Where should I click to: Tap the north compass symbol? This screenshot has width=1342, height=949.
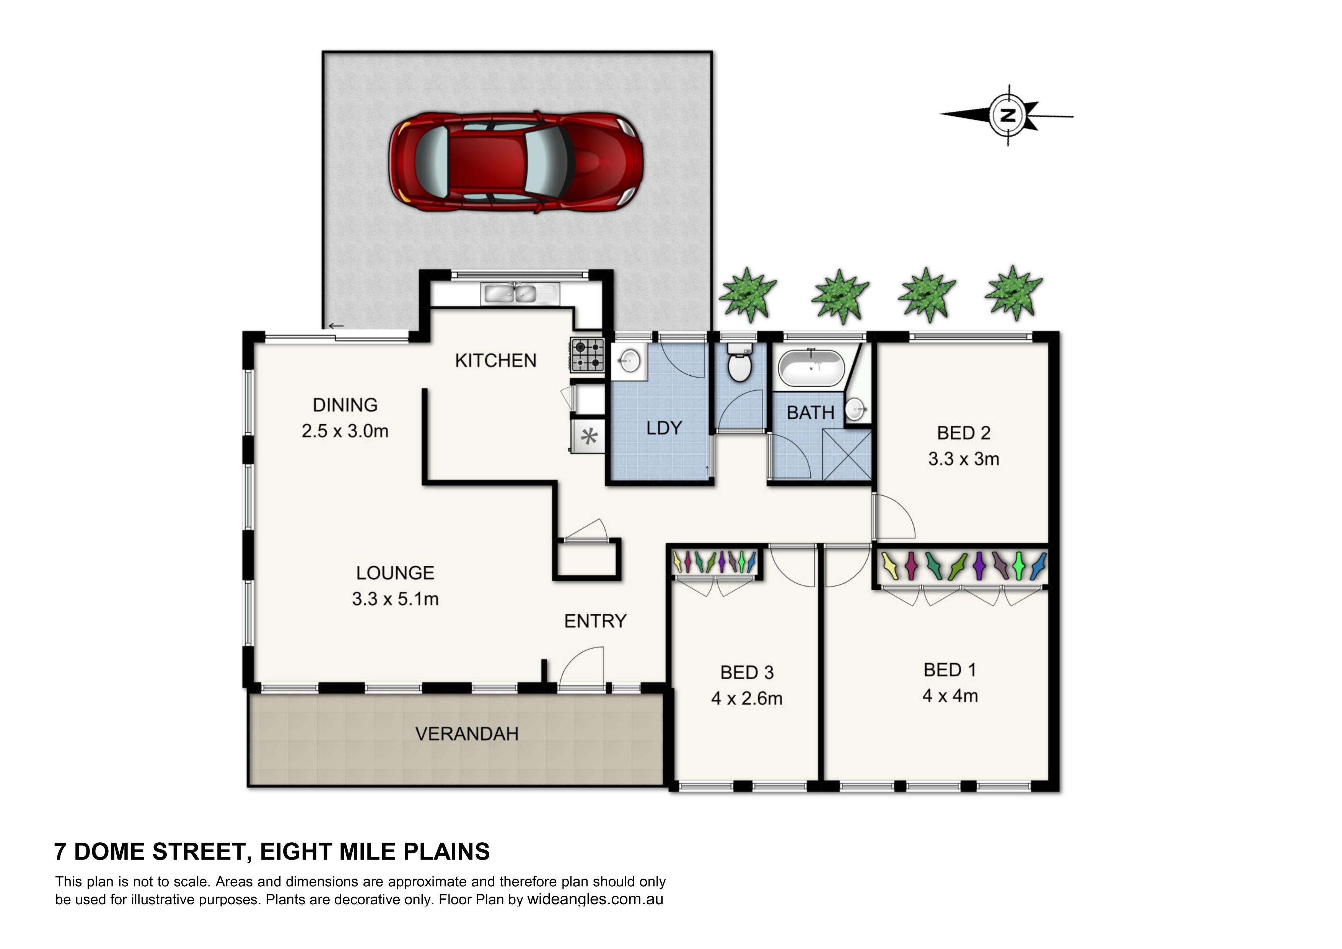pos(1007,115)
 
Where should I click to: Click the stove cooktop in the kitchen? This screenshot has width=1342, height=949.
pos(587,355)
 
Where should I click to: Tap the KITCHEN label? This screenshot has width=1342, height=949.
pos(496,361)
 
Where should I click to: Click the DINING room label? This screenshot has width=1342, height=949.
pos(345,405)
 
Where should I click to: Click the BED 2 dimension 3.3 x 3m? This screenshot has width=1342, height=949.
pos(963,459)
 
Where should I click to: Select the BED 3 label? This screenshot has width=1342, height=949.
pos(747,672)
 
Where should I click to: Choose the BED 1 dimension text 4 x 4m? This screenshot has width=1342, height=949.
pos(950,696)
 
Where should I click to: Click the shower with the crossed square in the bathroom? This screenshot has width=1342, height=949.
pos(847,454)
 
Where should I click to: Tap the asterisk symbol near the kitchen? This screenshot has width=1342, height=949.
pos(589,436)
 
